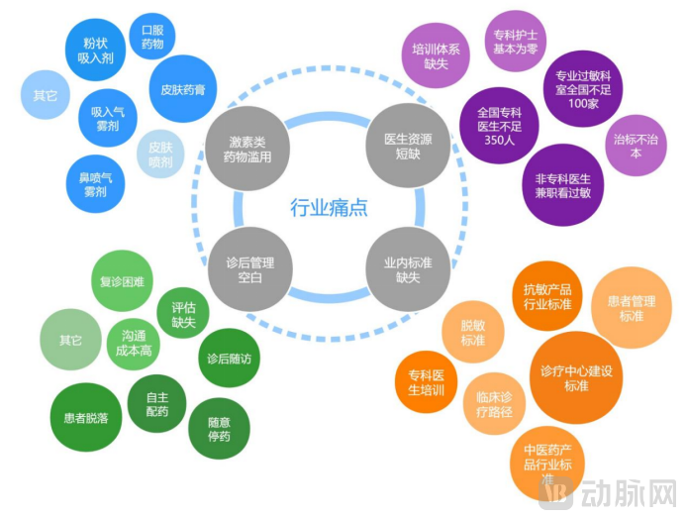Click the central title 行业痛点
click(x=328, y=208)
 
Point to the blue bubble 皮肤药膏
click(x=183, y=88)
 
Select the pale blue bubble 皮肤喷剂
click(x=154, y=155)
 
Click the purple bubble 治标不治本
click(x=636, y=146)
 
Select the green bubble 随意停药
click(x=219, y=428)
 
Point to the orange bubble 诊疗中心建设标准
click(x=577, y=378)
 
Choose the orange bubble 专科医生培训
click(x=426, y=381)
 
